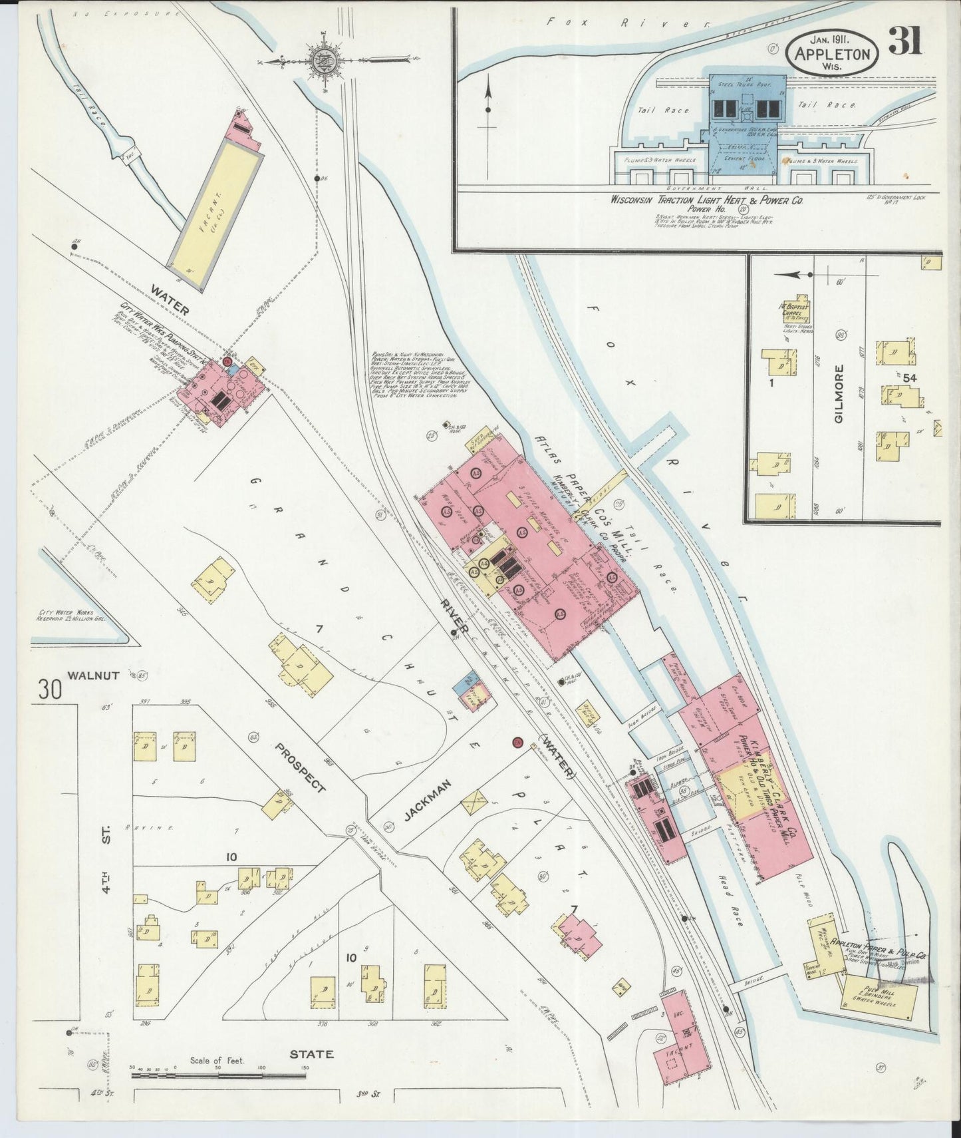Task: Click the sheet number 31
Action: pos(905,41)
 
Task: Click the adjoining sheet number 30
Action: pos(49,688)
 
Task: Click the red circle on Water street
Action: pos(517,743)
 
